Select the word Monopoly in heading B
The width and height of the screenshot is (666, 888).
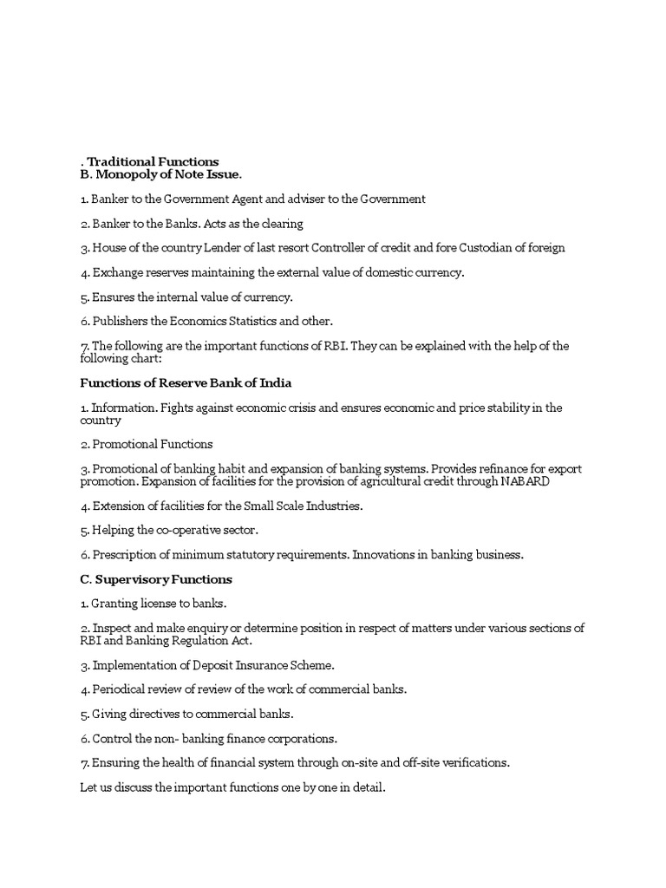[x=122, y=174]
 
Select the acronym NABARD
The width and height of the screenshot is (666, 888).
[x=525, y=481]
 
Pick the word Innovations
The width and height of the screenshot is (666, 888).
[x=387, y=554]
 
